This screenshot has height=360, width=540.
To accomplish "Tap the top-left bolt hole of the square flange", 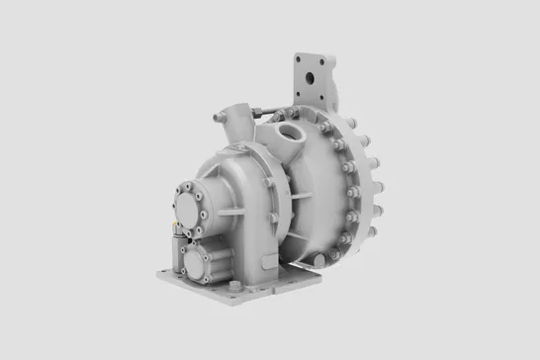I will pyautogui.click(x=302, y=58).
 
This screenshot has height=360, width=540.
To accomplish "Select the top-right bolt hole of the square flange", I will pyautogui.click(x=323, y=58).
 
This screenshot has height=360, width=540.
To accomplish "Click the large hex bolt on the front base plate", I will pyautogui.click(x=234, y=289).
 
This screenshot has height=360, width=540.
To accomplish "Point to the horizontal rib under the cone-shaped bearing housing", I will pyautogui.click(x=237, y=212).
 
